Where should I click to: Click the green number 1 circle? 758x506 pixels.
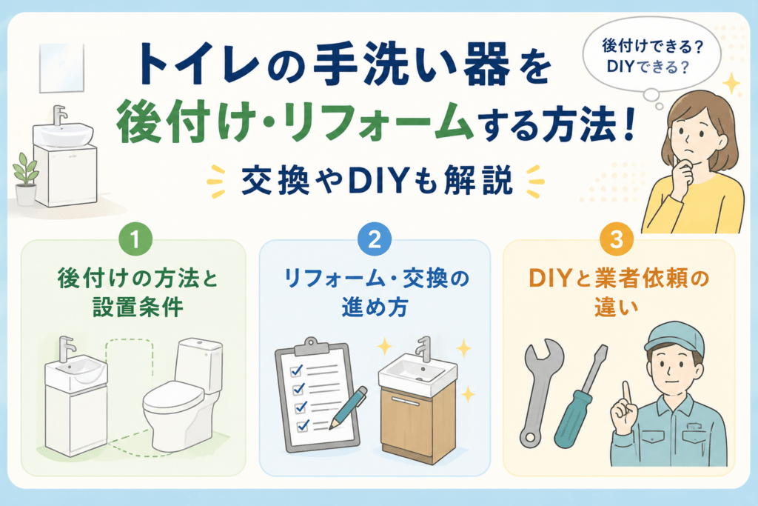(135, 239)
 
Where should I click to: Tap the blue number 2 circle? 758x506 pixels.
(375, 239)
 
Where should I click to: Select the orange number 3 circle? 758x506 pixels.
(617, 239)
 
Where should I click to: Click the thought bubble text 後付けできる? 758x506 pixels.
(652, 47)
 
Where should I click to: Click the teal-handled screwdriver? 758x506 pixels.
(580, 396)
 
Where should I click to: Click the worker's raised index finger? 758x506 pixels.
(626, 394)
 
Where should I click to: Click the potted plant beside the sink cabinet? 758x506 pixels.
(26, 179)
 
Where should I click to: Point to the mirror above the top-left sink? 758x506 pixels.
(61, 67)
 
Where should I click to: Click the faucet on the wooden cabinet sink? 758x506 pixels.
(424, 349)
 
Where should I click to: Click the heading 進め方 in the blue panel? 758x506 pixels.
(375, 307)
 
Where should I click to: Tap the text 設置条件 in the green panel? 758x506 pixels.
(138, 307)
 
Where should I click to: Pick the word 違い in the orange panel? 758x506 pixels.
(617, 307)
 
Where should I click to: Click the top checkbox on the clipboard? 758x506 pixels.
(296, 371)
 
